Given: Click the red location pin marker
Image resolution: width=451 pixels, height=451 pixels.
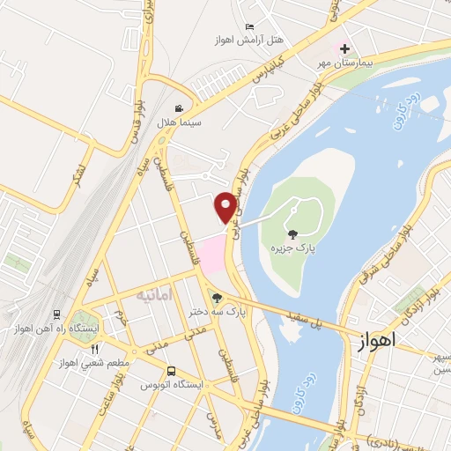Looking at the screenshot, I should pyautogui.click(x=226, y=206).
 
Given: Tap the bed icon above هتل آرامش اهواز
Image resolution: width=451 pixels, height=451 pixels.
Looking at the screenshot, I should pyautogui.click(x=249, y=27).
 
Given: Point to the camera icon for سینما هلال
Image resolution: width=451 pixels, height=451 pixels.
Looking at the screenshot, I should pyautogui.click(x=180, y=109).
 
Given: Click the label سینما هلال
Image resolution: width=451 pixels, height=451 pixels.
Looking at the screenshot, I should pyautogui.click(x=180, y=122).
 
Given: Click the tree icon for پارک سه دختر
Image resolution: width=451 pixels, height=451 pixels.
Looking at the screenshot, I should pyautogui.click(x=217, y=297).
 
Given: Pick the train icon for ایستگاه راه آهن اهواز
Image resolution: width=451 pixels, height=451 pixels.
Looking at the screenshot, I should pyautogui.click(x=56, y=314).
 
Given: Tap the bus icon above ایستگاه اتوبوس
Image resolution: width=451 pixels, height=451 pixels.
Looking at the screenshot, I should pyautogui.click(x=171, y=371).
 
